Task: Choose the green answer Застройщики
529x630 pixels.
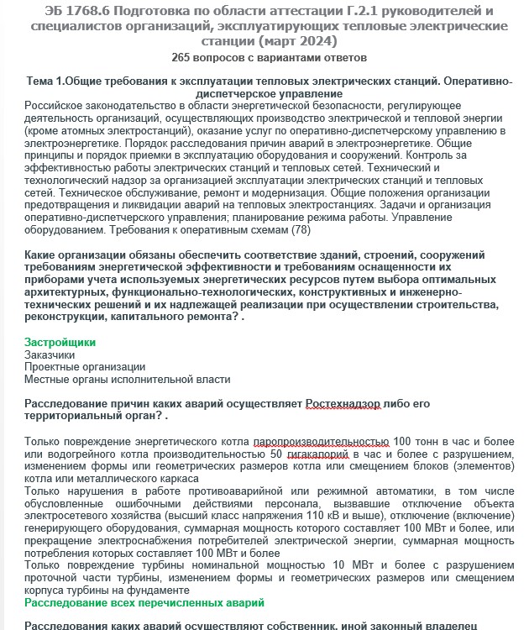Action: tap(60, 343)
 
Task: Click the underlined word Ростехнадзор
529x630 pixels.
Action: tap(343, 403)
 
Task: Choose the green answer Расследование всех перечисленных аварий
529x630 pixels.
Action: tap(144, 602)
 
